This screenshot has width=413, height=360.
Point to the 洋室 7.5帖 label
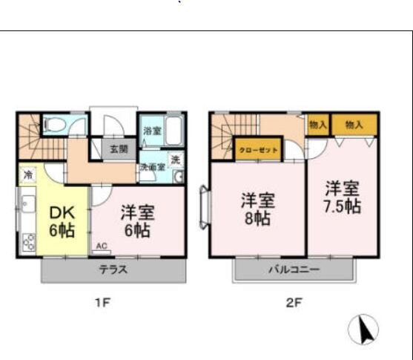(342, 196)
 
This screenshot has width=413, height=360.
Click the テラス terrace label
(113, 270)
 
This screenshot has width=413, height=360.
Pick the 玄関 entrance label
(119, 148)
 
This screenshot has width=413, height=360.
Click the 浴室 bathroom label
(151, 131)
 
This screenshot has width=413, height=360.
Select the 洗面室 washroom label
(152, 167)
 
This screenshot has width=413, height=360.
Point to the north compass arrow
(363, 330)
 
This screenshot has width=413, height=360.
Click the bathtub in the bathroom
(174, 131)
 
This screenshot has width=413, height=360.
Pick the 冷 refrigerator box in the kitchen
(27, 176)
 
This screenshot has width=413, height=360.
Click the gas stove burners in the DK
(29, 242)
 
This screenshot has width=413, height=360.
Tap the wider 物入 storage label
(354, 125)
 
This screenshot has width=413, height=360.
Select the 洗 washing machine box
(175, 160)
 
